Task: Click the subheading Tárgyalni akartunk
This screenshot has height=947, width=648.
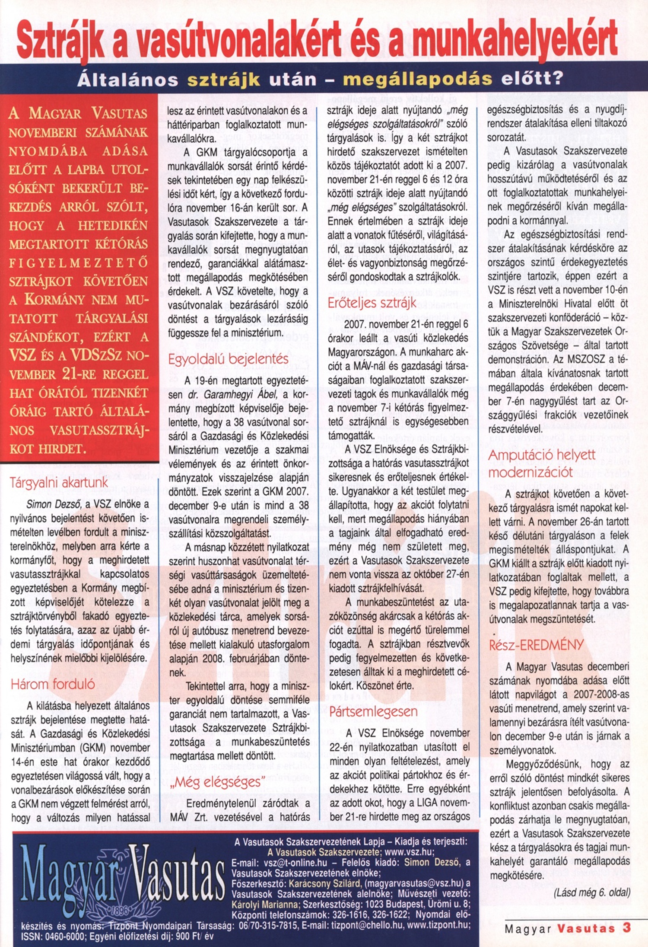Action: pyautogui.click(x=59, y=483)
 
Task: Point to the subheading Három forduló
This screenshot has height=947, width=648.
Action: pyautogui.click(x=53, y=684)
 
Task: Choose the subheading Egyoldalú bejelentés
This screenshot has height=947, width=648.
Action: pyautogui.click(x=228, y=359)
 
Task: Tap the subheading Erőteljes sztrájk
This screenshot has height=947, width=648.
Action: pyautogui.click(x=372, y=303)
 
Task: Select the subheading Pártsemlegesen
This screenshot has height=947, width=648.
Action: pyautogui.click(x=373, y=712)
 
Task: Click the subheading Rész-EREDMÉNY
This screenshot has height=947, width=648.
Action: pyautogui.click(x=536, y=645)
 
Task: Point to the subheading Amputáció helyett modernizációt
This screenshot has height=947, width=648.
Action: pyautogui.click(x=542, y=463)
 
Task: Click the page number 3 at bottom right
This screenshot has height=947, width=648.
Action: pyautogui.click(x=626, y=928)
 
